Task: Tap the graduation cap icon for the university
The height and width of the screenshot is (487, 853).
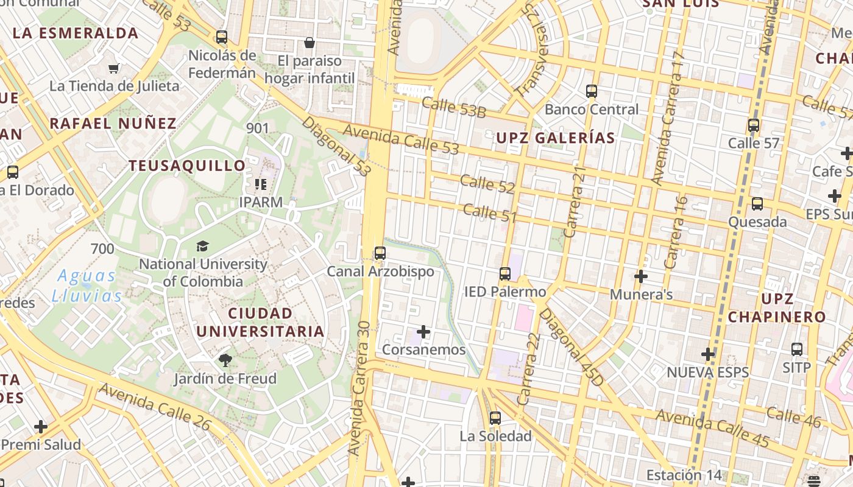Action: [202, 246]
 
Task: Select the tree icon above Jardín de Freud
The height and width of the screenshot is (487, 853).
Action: [225, 360]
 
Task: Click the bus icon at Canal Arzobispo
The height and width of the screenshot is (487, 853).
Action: [380, 253]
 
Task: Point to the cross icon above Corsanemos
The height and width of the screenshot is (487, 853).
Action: [423, 332]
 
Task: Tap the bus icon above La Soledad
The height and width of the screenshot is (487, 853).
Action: [495, 418]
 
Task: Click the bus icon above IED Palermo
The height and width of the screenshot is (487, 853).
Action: [504, 274]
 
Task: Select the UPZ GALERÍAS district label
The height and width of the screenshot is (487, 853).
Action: [555, 138]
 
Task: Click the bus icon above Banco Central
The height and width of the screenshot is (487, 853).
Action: [591, 91]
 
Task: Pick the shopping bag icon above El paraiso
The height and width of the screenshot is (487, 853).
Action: [310, 43]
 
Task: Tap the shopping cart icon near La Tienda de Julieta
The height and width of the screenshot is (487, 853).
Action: [113, 68]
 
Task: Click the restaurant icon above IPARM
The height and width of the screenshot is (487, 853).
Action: [261, 184]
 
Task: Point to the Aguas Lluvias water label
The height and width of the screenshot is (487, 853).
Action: [87, 286]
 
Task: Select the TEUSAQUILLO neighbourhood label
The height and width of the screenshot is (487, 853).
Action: [187, 166]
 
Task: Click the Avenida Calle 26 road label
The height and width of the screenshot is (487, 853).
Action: [154, 407]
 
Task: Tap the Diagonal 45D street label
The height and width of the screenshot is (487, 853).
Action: [571, 347]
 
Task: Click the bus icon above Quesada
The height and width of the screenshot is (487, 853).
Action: [757, 203]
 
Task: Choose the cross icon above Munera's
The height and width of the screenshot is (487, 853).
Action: [640, 276]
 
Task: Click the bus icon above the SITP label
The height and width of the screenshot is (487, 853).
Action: [796, 349]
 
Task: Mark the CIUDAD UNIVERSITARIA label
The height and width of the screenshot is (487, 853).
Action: [260, 323]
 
